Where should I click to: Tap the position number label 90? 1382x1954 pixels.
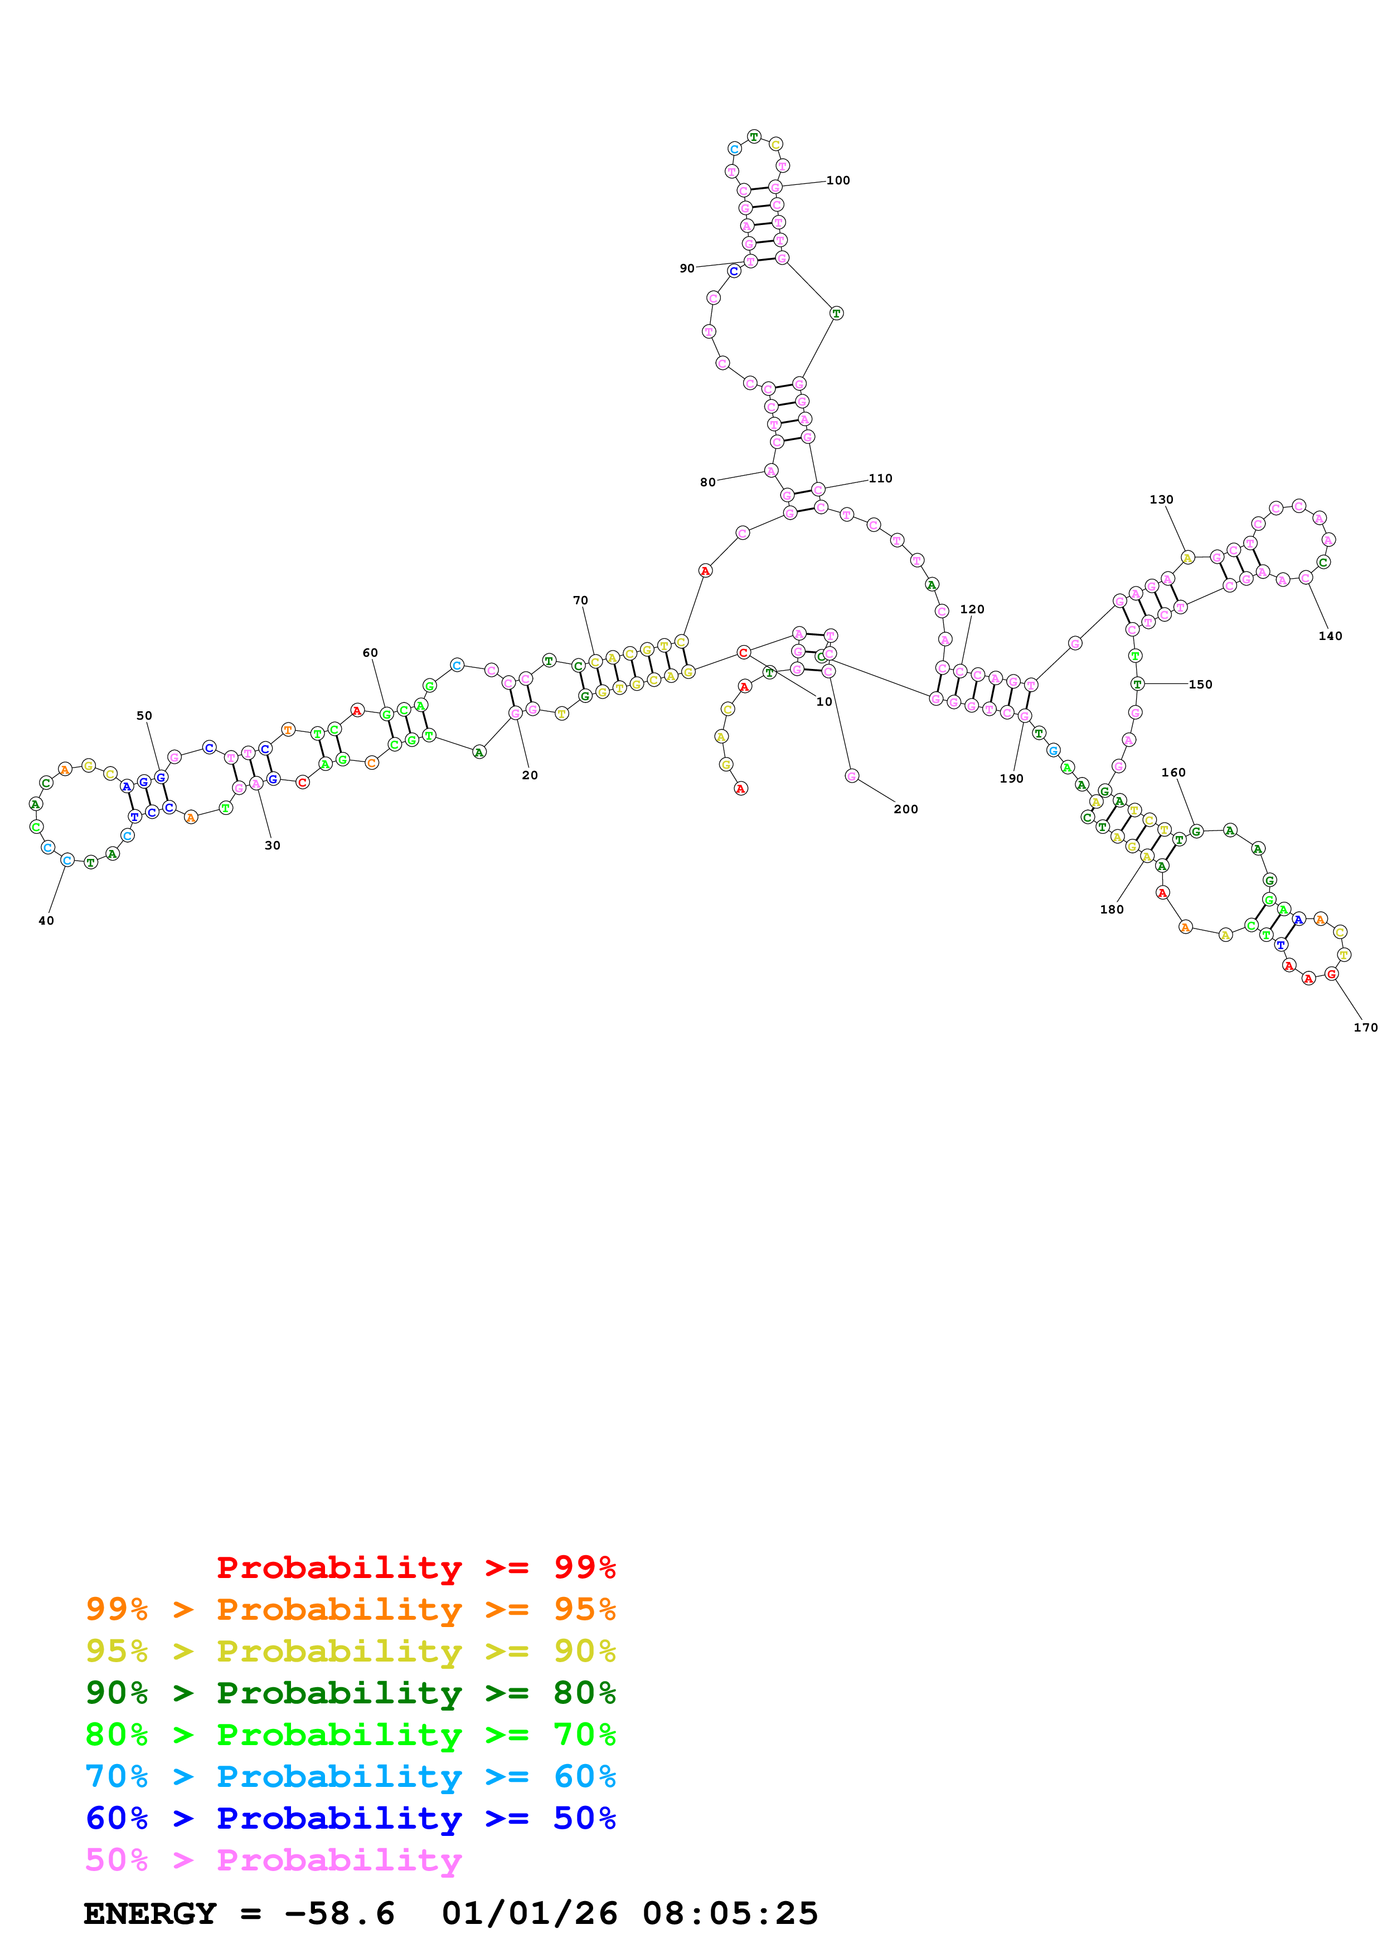[x=686, y=268]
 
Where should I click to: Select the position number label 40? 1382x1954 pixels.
[x=46, y=920]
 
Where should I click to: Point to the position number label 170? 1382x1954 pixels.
[x=1365, y=1027]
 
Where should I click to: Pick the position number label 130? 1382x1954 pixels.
[x=1161, y=500]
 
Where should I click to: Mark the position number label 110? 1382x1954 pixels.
[x=880, y=478]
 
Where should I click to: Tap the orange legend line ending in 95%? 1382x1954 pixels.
[x=350, y=1609]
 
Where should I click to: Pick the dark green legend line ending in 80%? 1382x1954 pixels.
[x=350, y=1693]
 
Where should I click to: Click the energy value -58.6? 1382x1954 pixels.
[x=339, y=1913]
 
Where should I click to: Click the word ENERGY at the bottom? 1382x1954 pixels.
[x=150, y=1913]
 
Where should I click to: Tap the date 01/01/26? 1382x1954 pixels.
[x=529, y=1913]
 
